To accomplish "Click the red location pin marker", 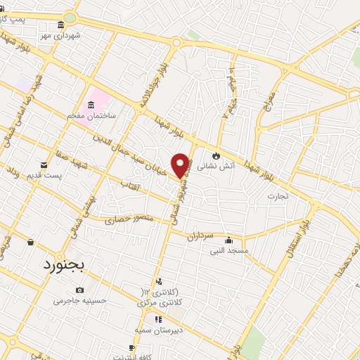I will click(181, 165).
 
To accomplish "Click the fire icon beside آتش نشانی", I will click(216, 155).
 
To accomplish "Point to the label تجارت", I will click(277, 196).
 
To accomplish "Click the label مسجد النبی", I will click(229, 251).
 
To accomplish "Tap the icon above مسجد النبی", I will click(229, 240).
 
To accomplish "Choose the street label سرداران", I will click(199, 237).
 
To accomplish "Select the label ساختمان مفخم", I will click(92, 115).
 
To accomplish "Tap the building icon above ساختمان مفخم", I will click(91, 103).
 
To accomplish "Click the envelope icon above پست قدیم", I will click(44, 165).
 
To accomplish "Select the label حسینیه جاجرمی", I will click(80, 301).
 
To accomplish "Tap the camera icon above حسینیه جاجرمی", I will click(79, 290).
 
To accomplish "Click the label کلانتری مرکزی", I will click(160, 302).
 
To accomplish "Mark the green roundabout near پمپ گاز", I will click(69, 18).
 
